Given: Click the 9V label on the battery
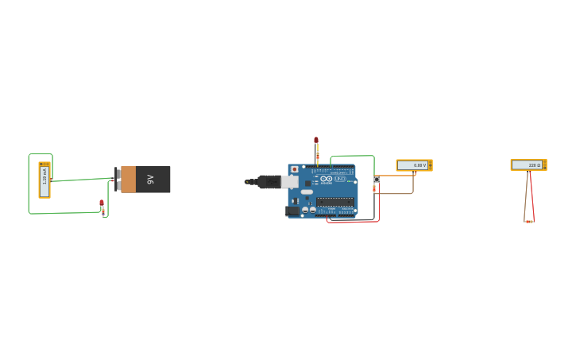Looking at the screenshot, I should coord(150,180).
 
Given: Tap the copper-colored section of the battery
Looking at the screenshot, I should coord(128,180).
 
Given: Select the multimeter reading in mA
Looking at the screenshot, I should coord(44,180).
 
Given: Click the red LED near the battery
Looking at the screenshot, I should coord(102,203).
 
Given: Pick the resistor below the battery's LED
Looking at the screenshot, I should coord(103,212).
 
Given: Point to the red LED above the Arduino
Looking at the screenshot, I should coord(316,141).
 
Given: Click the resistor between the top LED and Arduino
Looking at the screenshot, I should coord(317,156).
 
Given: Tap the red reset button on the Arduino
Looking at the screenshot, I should coord(295,169).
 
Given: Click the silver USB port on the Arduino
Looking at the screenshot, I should coord(289,181).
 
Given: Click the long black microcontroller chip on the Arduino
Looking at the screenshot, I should coord(334,202).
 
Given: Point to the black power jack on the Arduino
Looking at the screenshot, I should coord(292,211).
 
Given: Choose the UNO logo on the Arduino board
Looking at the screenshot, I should coord(340,179).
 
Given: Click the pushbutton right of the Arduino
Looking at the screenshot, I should coord(376,180).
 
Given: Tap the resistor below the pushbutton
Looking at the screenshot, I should coord(374,188).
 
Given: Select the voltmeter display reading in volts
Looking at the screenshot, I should coord(413,165).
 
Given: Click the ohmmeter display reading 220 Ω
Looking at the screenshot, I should coord(528,165).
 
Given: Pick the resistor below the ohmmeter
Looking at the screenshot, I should coord(529,222).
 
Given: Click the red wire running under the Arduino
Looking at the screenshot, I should coord(354,222).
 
